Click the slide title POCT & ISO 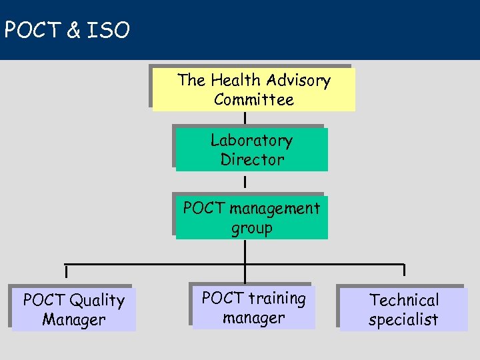click(x=67, y=30)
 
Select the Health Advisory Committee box click(x=253, y=89)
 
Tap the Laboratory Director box click(x=251, y=150)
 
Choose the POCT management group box click(x=251, y=218)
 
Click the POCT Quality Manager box click(x=73, y=310)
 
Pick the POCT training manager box click(x=253, y=308)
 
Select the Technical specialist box click(x=403, y=310)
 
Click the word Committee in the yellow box click(x=253, y=100)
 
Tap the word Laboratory click(x=251, y=141)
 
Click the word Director click(x=252, y=160)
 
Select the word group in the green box click(x=251, y=229)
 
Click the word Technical click(x=404, y=300)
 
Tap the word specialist click(x=403, y=319)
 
